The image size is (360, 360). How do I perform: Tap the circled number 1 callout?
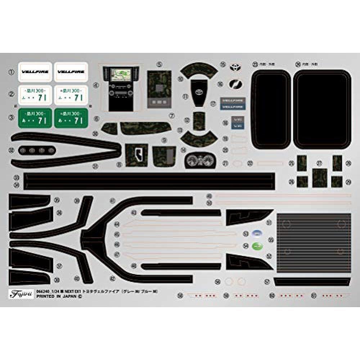point(12,72)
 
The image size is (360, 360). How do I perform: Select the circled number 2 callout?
point(12,94)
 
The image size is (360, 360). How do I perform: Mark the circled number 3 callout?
point(12,117)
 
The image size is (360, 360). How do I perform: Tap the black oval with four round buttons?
point(36,150)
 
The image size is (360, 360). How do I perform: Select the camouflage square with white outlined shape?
point(137,154)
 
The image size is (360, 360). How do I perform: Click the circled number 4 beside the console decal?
point(96,86)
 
